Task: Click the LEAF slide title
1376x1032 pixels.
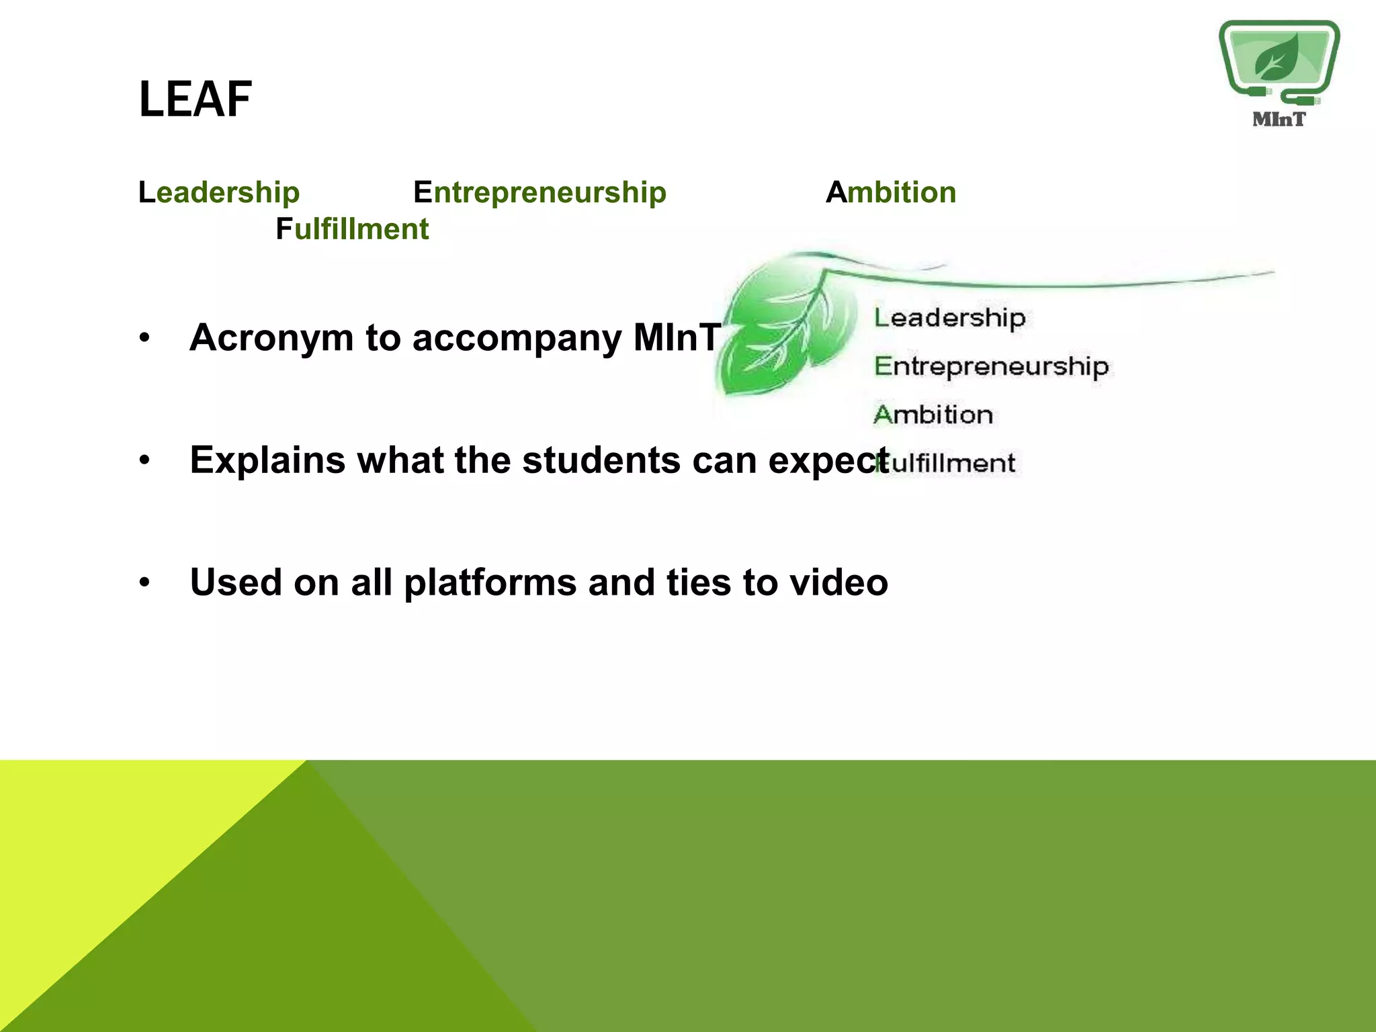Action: pyautogui.click(x=196, y=99)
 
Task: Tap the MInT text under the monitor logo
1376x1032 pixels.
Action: pyautogui.click(x=1279, y=120)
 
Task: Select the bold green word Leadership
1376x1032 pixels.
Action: pyautogui.click(x=219, y=193)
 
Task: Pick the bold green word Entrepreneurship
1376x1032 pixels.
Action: pyautogui.click(x=540, y=193)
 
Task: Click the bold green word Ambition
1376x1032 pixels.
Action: pyautogui.click(x=891, y=193)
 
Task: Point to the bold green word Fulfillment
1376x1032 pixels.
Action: pyautogui.click(x=352, y=229)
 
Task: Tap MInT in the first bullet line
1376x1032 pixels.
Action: pyautogui.click(x=677, y=337)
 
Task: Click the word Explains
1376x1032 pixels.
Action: pyautogui.click(x=267, y=461)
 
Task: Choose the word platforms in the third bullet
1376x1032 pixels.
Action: pyautogui.click(x=490, y=583)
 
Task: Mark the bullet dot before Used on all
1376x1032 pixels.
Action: pyautogui.click(x=144, y=583)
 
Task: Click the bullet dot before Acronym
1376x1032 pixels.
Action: pyautogui.click(x=144, y=338)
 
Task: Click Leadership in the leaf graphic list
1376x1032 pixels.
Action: pyautogui.click(x=949, y=318)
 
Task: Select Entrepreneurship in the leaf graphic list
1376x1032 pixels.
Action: pyautogui.click(x=991, y=367)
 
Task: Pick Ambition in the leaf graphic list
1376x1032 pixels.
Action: pyautogui.click(x=933, y=415)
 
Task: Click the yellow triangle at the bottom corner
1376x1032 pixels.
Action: pyautogui.click(x=101, y=873)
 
